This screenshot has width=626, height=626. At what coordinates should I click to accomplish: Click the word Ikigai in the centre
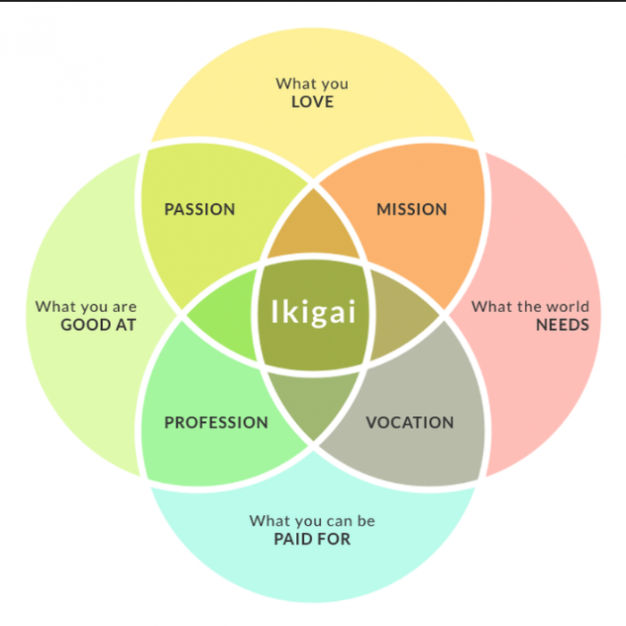coord(313,312)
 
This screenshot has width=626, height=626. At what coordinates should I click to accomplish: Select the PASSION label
coord(199,209)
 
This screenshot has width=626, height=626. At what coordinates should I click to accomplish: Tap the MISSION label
coord(411,209)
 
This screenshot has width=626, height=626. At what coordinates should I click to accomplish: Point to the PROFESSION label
coord(216,422)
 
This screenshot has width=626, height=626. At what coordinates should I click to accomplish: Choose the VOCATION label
coord(410,422)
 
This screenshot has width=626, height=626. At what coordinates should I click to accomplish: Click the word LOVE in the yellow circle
coord(312,102)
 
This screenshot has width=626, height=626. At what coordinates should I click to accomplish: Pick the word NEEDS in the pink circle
coord(563,325)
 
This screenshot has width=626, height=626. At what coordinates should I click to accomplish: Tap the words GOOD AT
coord(98,325)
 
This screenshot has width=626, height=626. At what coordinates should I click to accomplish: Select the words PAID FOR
coord(312,539)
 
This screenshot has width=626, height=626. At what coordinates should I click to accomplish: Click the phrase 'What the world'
coord(530,307)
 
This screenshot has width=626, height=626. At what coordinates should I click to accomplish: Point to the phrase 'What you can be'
coord(312,521)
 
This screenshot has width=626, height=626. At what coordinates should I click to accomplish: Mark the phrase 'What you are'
coord(86,307)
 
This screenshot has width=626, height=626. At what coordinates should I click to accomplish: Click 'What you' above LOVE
coord(312,84)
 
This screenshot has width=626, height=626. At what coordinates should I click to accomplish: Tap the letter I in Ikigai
coord(275,310)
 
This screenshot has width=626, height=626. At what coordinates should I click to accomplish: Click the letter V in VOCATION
coord(372,422)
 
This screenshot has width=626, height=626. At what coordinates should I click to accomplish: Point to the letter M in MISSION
coord(384,209)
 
